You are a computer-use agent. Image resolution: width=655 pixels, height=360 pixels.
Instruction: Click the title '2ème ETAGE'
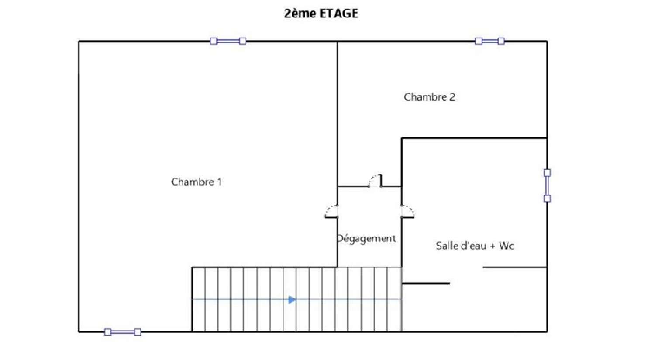(x=321, y=14)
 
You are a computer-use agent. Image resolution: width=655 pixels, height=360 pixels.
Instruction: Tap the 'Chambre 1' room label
(x=196, y=182)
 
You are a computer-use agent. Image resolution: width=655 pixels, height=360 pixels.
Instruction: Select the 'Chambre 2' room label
(x=429, y=97)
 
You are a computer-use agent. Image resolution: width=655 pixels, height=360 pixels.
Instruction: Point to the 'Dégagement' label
(x=366, y=239)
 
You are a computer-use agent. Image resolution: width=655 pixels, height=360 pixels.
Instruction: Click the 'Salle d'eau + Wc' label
(x=475, y=246)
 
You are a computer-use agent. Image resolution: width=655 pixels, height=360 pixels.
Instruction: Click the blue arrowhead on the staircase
(x=292, y=300)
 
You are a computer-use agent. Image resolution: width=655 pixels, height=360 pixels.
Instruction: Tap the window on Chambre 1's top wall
(x=228, y=41)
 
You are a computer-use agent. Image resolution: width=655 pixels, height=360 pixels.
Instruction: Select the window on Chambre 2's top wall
(x=490, y=41)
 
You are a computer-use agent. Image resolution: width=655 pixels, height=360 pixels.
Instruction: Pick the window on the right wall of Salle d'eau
(x=547, y=186)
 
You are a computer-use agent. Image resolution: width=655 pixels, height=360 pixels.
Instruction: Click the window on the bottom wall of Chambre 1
(x=123, y=332)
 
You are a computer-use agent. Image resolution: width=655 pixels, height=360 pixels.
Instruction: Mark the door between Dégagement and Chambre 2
(x=375, y=181)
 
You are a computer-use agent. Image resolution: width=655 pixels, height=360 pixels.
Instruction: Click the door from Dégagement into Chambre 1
(x=332, y=211)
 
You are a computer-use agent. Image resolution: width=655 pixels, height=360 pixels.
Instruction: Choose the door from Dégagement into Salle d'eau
(x=407, y=211)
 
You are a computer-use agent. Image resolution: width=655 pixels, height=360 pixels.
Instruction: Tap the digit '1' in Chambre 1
(x=219, y=182)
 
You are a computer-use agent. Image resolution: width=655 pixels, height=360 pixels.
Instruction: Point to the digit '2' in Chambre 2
(x=452, y=97)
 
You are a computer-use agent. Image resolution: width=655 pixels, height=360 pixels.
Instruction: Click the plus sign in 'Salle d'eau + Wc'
(x=492, y=246)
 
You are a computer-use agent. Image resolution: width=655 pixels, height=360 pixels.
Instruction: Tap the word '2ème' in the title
(x=300, y=14)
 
